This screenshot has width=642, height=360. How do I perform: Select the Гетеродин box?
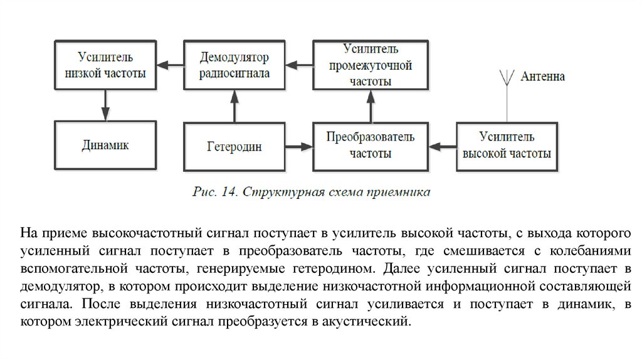[x=234, y=147]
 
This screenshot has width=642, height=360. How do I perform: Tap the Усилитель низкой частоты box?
[x=105, y=65]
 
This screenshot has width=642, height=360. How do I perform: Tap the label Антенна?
[x=543, y=77]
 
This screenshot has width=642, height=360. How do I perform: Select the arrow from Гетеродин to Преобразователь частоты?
[x=299, y=147]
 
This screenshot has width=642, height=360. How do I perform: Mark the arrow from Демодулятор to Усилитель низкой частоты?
[x=169, y=64]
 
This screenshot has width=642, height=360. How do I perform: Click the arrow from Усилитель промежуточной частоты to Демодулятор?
[x=299, y=64]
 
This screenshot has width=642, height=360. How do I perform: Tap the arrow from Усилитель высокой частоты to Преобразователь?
[x=443, y=147]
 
